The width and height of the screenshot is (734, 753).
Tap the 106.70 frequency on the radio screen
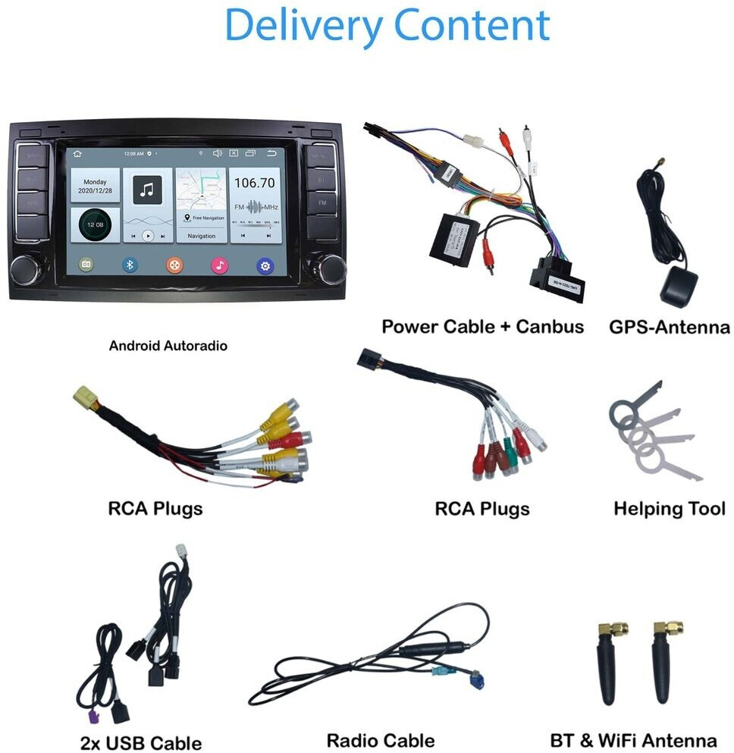coord(255,183)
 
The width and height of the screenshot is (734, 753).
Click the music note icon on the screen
coord(148,190)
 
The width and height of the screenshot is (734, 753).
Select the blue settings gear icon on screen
coord(265,265)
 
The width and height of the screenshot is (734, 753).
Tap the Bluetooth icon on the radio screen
coord(130,265)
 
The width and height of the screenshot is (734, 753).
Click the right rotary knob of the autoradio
coord(331,268)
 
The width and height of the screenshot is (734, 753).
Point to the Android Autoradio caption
coord(168,346)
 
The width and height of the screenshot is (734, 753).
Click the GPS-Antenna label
coord(670,328)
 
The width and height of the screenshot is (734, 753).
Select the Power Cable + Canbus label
coord(483,327)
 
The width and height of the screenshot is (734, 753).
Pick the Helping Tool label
coord(670,509)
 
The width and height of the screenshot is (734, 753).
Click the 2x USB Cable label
coord(141,742)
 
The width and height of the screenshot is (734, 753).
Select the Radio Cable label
coord(381,740)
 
